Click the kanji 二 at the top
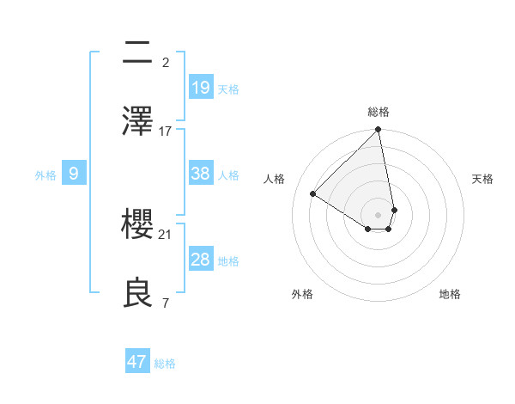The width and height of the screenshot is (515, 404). click(x=138, y=53)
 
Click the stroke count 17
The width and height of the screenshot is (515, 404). click(x=166, y=132)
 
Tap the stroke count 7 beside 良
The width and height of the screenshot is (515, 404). click(x=165, y=303)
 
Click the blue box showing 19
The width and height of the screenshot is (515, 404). click(x=200, y=87)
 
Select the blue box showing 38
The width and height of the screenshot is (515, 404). click(x=200, y=174)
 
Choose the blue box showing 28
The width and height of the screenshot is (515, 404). click(x=200, y=260)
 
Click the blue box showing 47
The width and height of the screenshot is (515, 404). click(x=137, y=362)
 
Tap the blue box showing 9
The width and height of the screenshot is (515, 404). click(x=74, y=174)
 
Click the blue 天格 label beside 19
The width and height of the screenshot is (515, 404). click(x=228, y=89)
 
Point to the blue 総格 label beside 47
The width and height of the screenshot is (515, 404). click(x=165, y=364)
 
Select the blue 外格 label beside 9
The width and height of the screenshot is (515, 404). click(x=45, y=175)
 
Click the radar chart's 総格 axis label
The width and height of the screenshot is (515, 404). click(x=379, y=112)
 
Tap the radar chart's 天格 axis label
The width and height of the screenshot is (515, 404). click(x=483, y=179)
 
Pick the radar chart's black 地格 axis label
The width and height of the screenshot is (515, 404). click(x=450, y=294)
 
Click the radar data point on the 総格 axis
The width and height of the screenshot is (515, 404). click(x=379, y=131)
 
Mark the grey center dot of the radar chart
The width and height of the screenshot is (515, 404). click(x=379, y=214)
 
